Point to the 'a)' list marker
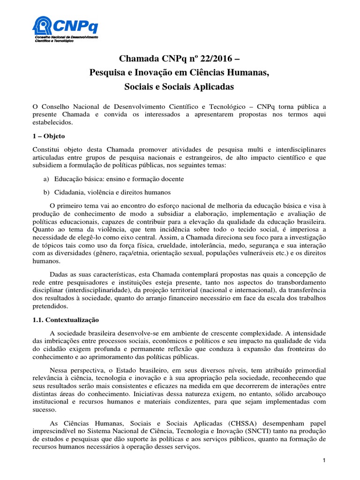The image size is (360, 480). [x=46, y=179]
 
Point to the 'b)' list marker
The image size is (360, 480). [x=46, y=193]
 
